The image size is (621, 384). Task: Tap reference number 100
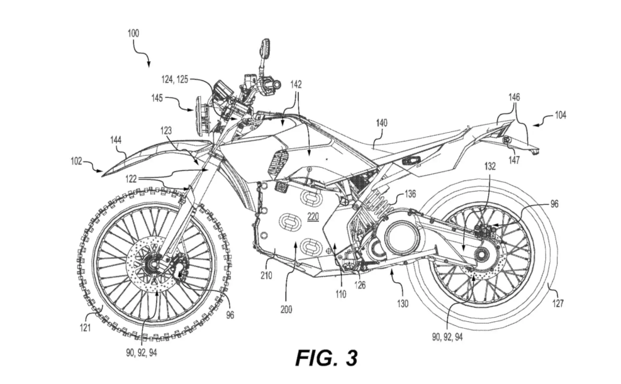coord(133,33)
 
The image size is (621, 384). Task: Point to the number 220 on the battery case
coord(313,217)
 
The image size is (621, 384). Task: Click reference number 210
coord(264,275)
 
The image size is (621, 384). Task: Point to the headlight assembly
coord(203,116)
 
